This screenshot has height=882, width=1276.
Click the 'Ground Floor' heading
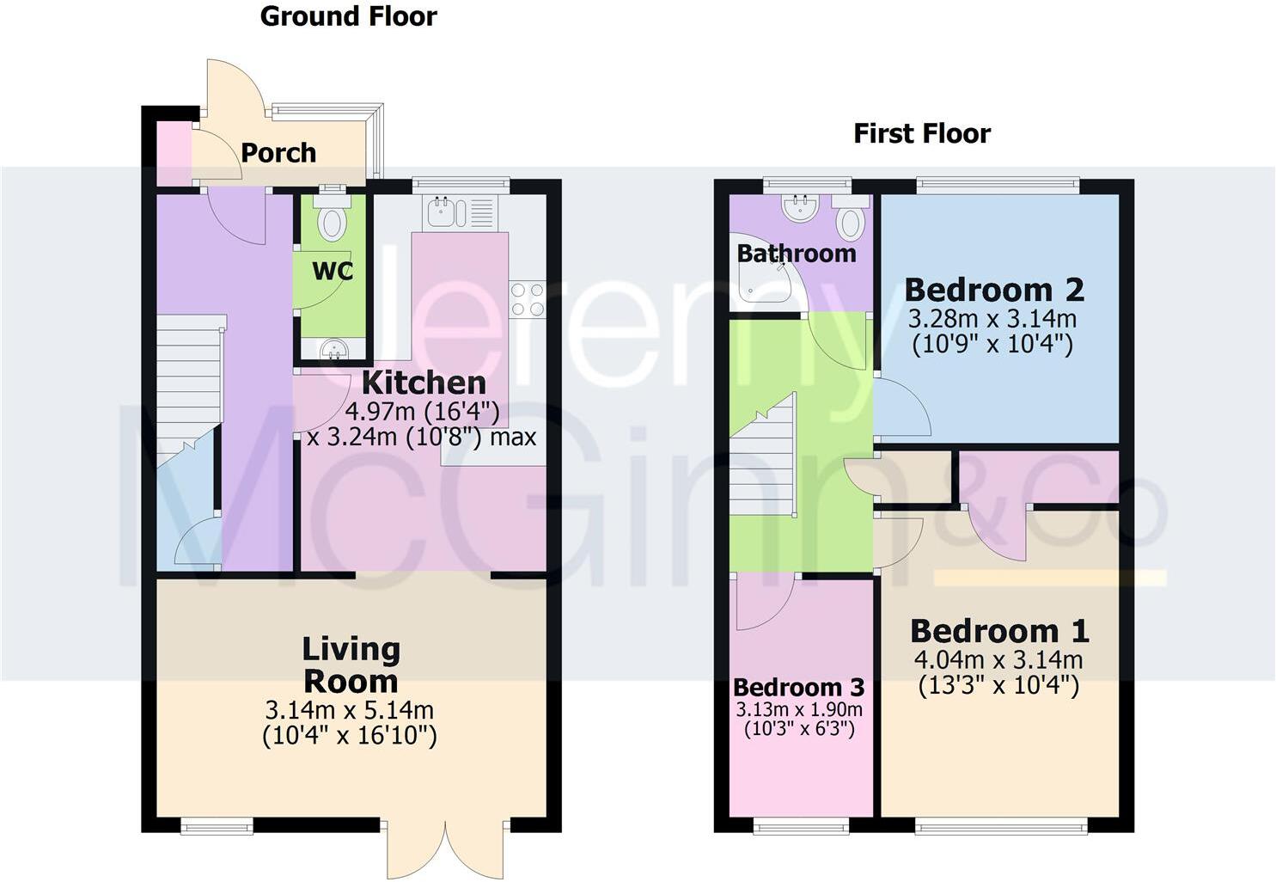[x=348, y=16]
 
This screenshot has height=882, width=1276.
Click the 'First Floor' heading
[x=921, y=133]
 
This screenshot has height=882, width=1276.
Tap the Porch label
[x=278, y=153]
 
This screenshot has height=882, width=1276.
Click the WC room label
[x=332, y=271]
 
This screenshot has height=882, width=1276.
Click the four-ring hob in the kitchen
[x=527, y=299]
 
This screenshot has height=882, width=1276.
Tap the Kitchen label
[x=424, y=383]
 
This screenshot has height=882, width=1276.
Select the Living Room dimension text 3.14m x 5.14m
[x=349, y=711]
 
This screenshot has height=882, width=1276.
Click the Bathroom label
[x=797, y=254]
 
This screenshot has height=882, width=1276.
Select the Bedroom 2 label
[x=994, y=290]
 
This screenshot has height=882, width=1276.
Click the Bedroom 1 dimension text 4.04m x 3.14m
[x=998, y=660]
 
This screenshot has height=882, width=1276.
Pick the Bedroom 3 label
[x=798, y=688]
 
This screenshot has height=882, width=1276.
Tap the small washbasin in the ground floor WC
[x=332, y=349]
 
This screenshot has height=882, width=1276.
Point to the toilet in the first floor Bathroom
[x=850, y=218]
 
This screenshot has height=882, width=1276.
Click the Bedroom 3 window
[x=801, y=826]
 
